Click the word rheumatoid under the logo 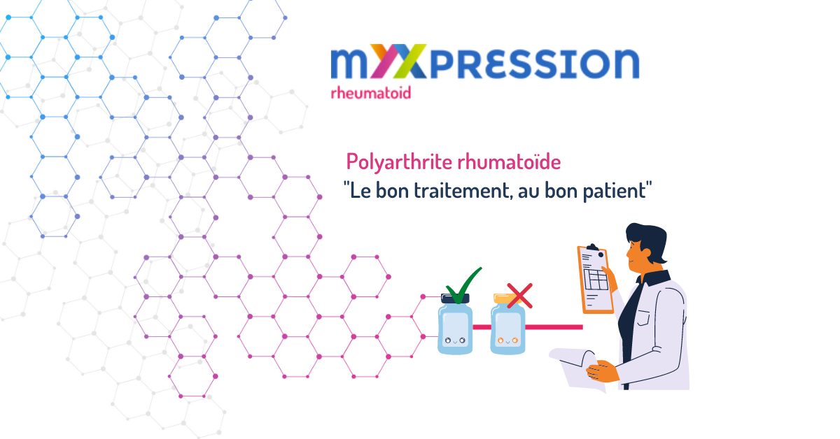[x=370, y=92]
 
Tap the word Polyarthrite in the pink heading [x=399, y=162]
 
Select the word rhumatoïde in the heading [x=509, y=161]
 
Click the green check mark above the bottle [x=463, y=285]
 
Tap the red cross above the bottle [x=519, y=296]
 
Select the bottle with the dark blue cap [x=455, y=324]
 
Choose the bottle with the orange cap [x=507, y=324]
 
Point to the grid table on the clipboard [x=596, y=280]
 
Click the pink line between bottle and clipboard [x=554, y=327]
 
